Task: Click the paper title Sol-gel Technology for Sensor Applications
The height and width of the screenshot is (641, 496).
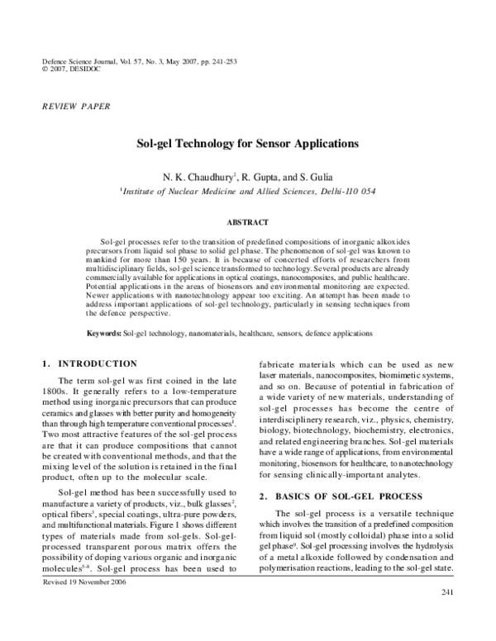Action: point(247,142)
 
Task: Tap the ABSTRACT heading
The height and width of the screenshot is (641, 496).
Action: point(247,222)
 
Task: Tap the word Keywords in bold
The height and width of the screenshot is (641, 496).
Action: point(104,333)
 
